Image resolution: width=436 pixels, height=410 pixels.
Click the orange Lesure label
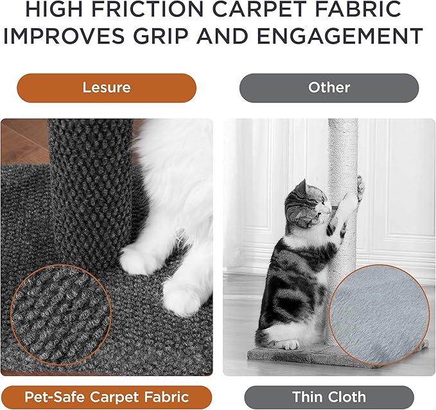(106, 87)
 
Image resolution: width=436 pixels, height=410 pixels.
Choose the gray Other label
(329, 87)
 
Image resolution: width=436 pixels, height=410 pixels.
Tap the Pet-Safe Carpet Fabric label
(106, 397)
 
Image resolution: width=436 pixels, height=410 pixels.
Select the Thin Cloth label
(329, 397)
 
